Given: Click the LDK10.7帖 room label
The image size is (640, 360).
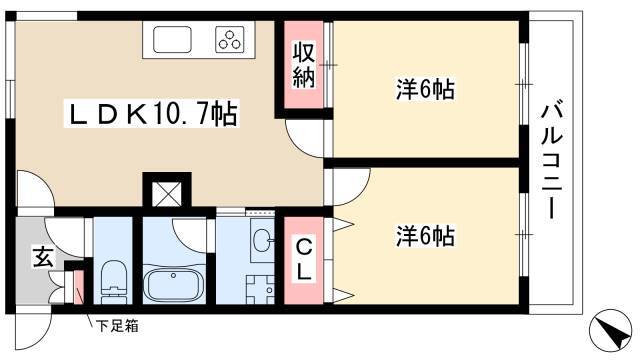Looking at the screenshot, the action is click(x=153, y=114).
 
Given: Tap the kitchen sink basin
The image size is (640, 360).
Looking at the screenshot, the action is click(x=172, y=39).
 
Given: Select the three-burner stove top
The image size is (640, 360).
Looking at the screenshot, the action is click(x=230, y=39).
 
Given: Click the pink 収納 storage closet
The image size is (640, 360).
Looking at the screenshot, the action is click(x=304, y=64).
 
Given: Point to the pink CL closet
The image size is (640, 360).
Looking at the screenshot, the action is click(x=304, y=260).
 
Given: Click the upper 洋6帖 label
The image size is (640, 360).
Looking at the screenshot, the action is click(x=425, y=89).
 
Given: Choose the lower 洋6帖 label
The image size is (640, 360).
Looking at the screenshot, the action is click(x=425, y=236).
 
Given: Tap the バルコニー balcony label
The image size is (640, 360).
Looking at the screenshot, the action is click(x=552, y=162).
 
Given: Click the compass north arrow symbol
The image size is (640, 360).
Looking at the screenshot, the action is click(x=611, y=329).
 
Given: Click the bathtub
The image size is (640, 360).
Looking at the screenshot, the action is click(x=174, y=284).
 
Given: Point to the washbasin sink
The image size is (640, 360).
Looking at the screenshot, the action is click(x=262, y=239).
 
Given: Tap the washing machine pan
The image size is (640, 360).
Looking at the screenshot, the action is click(x=260, y=289).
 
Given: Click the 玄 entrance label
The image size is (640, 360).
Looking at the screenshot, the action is click(x=43, y=257).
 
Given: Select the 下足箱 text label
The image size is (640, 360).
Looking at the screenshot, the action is click(x=117, y=326).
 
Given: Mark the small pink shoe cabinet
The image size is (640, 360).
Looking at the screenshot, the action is click(x=78, y=287).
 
